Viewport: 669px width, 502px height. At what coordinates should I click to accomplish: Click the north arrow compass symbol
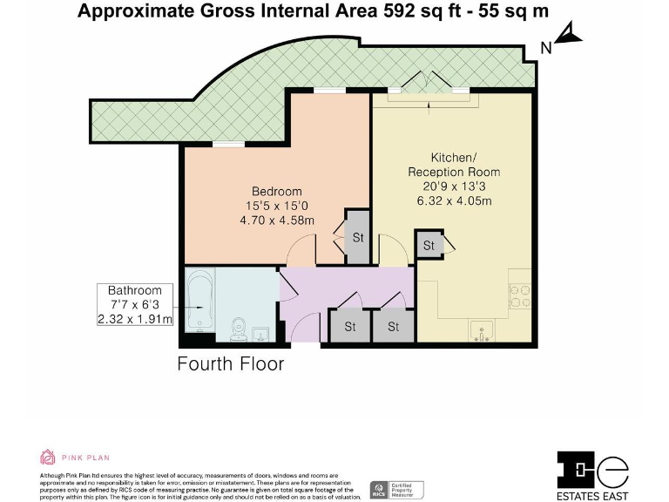[568, 35]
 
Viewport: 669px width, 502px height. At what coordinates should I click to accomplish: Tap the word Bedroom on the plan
[277, 192]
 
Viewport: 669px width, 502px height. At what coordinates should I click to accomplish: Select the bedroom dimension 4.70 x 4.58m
[277, 220]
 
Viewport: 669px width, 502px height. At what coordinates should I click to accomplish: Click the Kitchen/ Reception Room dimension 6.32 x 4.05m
[454, 200]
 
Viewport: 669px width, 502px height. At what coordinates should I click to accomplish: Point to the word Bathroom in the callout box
[135, 290]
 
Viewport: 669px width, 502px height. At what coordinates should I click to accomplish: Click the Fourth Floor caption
[231, 363]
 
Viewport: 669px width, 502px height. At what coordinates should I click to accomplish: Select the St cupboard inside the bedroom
[357, 236]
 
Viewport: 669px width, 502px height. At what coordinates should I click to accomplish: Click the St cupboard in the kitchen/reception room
[429, 246]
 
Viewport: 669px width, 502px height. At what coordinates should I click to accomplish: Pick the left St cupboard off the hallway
[349, 327]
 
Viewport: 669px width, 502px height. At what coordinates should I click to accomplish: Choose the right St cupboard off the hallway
[393, 327]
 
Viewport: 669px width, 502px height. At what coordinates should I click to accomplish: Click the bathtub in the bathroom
[199, 304]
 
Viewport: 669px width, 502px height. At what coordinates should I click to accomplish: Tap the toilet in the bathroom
[237, 329]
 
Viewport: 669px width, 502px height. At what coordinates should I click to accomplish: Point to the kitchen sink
[481, 330]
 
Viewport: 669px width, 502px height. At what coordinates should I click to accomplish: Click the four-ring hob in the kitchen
[519, 297]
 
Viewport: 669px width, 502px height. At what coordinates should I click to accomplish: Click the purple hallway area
[348, 288]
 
